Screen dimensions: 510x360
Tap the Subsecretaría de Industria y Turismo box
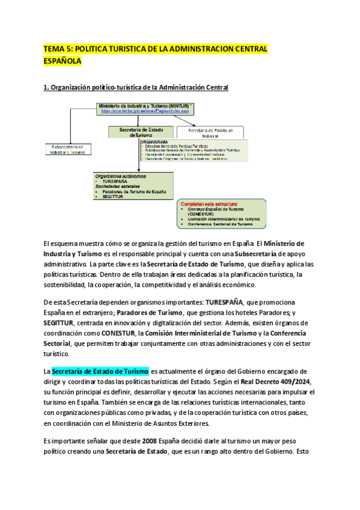pos(68,149)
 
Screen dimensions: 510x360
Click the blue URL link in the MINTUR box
pos(145,111)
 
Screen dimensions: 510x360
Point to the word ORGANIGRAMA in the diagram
pos(153,142)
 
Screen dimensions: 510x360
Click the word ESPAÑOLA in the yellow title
pos(62,61)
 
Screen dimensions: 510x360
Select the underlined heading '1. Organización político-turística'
pos(136,88)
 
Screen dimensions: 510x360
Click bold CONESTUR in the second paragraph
pos(118,333)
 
